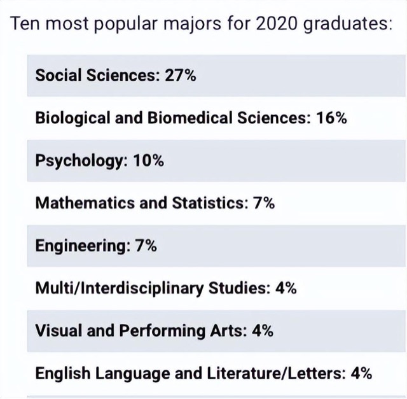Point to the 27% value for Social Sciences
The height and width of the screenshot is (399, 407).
pos(180,75)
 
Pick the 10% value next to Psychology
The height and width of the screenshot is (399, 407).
pos(148,160)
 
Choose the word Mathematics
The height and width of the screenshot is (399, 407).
pos(78,203)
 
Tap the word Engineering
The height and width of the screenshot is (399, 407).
pos(79,246)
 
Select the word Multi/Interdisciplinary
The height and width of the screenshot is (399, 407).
pos(120,288)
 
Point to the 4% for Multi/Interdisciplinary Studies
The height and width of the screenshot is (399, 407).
pos(285,288)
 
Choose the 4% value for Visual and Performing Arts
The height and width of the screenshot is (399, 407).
pos(262,330)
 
